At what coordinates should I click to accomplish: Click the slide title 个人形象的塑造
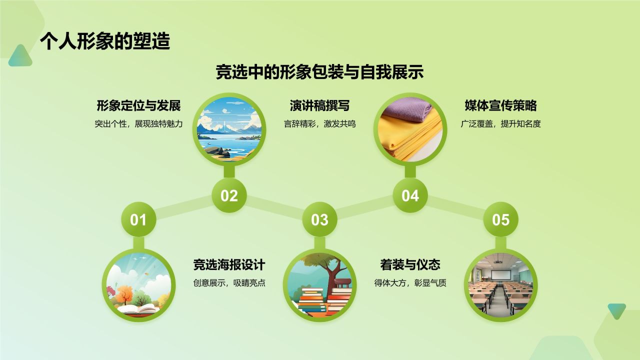(x=105, y=41)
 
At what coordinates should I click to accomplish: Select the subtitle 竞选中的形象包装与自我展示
(x=319, y=72)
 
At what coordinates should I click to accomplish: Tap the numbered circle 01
(x=138, y=219)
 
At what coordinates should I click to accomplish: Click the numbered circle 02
(x=229, y=195)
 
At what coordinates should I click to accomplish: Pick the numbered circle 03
(x=319, y=219)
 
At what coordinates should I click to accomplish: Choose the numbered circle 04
(x=410, y=195)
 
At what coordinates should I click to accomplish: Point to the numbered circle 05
(x=501, y=219)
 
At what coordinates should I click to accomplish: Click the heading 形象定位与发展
(x=138, y=105)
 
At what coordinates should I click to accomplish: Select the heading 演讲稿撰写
(x=319, y=105)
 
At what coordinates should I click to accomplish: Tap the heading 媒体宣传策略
(x=501, y=105)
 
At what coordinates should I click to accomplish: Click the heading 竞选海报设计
(x=229, y=264)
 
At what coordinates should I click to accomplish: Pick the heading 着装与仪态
(x=410, y=264)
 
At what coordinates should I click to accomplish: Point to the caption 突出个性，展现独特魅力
(x=138, y=124)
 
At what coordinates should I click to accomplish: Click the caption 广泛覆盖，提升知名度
(x=501, y=124)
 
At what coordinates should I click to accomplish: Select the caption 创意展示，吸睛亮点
(x=229, y=283)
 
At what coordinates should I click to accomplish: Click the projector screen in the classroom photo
(x=500, y=275)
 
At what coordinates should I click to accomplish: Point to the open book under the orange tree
(x=138, y=309)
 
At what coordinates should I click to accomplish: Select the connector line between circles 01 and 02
(x=183, y=207)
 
